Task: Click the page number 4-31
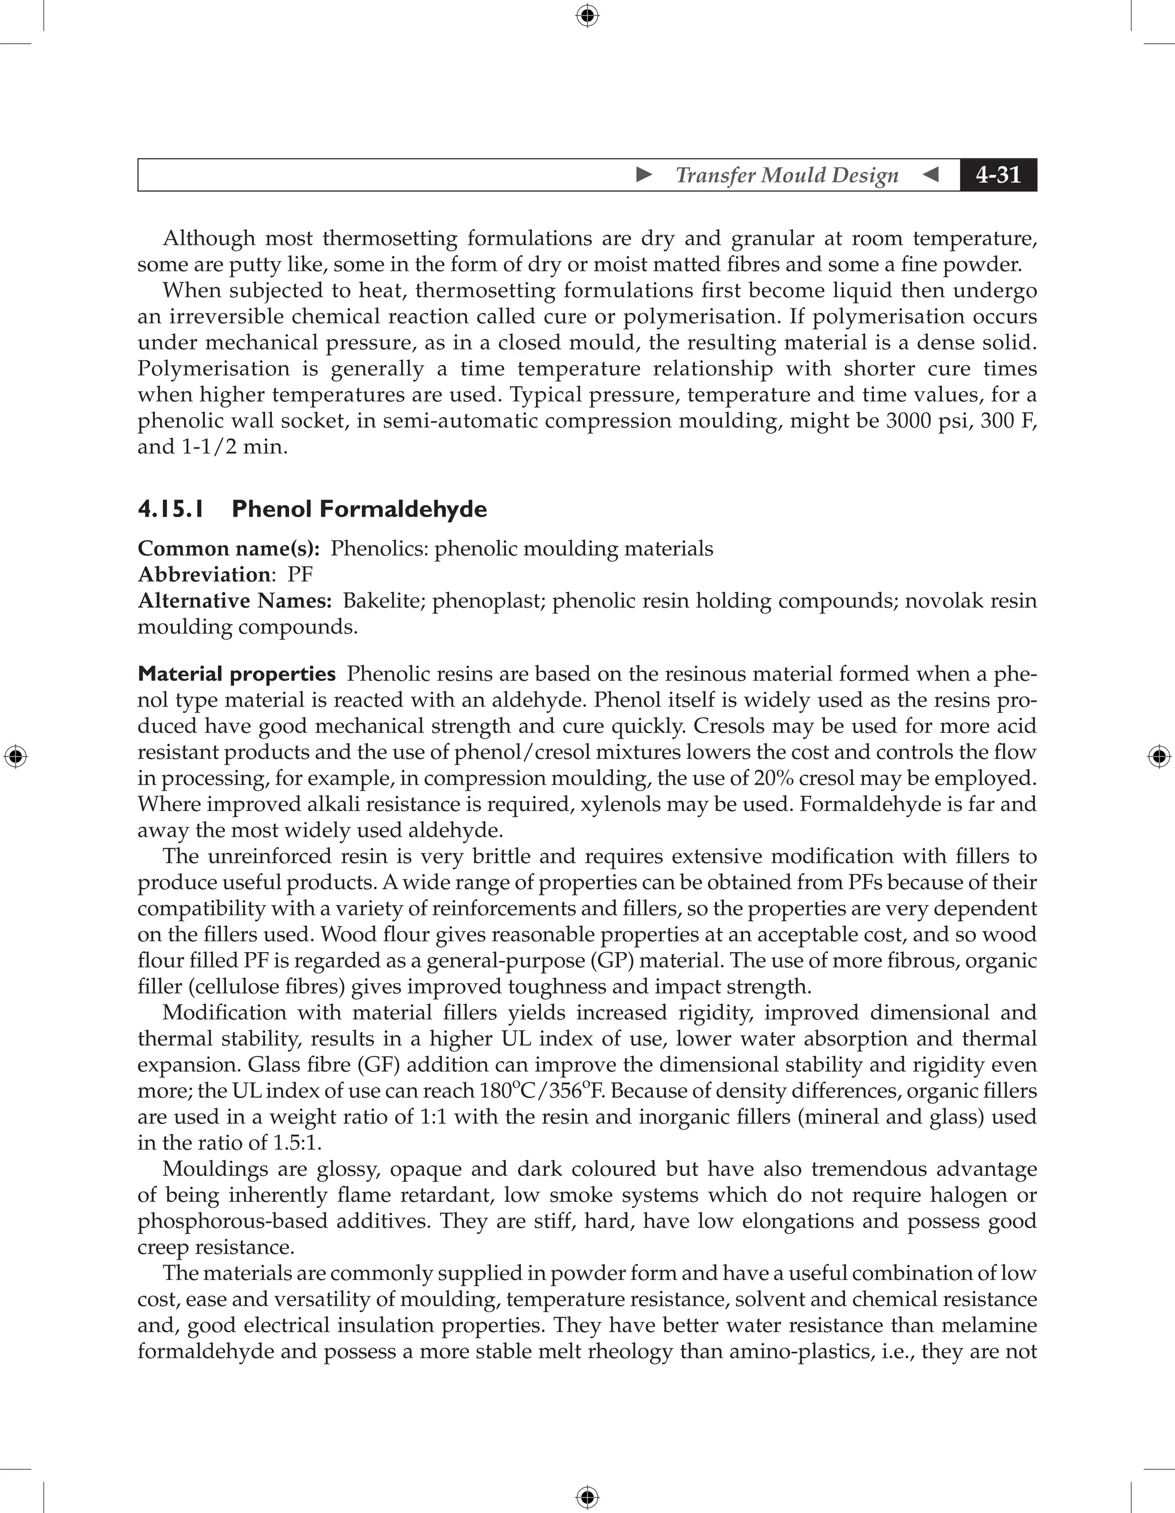pyautogui.click(x=998, y=174)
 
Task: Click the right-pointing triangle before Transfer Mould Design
pyautogui.click(x=644, y=174)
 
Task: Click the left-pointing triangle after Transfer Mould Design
pyautogui.click(x=931, y=174)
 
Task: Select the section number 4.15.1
pyautogui.click(x=171, y=509)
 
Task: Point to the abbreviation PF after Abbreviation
pyautogui.click(x=301, y=575)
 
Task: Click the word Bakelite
pyautogui.click(x=384, y=600)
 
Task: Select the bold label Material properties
pyautogui.click(x=237, y=673)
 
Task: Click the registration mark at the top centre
pyautogui.click(x=587, y=15)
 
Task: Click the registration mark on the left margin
pyautogui.click(x=15, y=756)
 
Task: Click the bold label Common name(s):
pyautogui.click(x=228, y=549)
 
